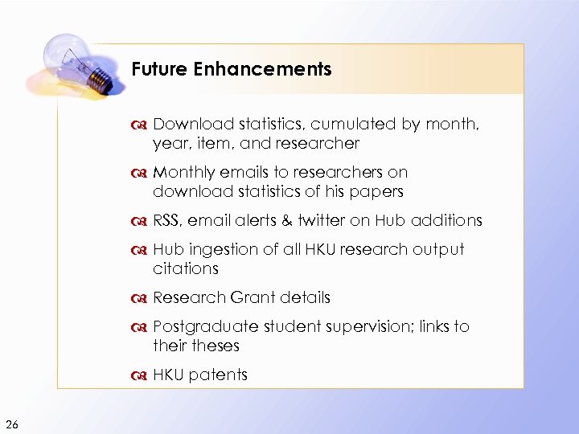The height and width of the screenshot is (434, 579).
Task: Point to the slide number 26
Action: (12, 424)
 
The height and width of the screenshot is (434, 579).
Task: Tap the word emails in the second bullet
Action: (244, 173)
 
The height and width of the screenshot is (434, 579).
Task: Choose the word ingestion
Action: (220, 250)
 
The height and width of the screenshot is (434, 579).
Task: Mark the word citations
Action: (185, 269)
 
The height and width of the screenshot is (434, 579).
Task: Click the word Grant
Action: (253, 298)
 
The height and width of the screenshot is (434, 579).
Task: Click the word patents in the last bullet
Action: (219, 375)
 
